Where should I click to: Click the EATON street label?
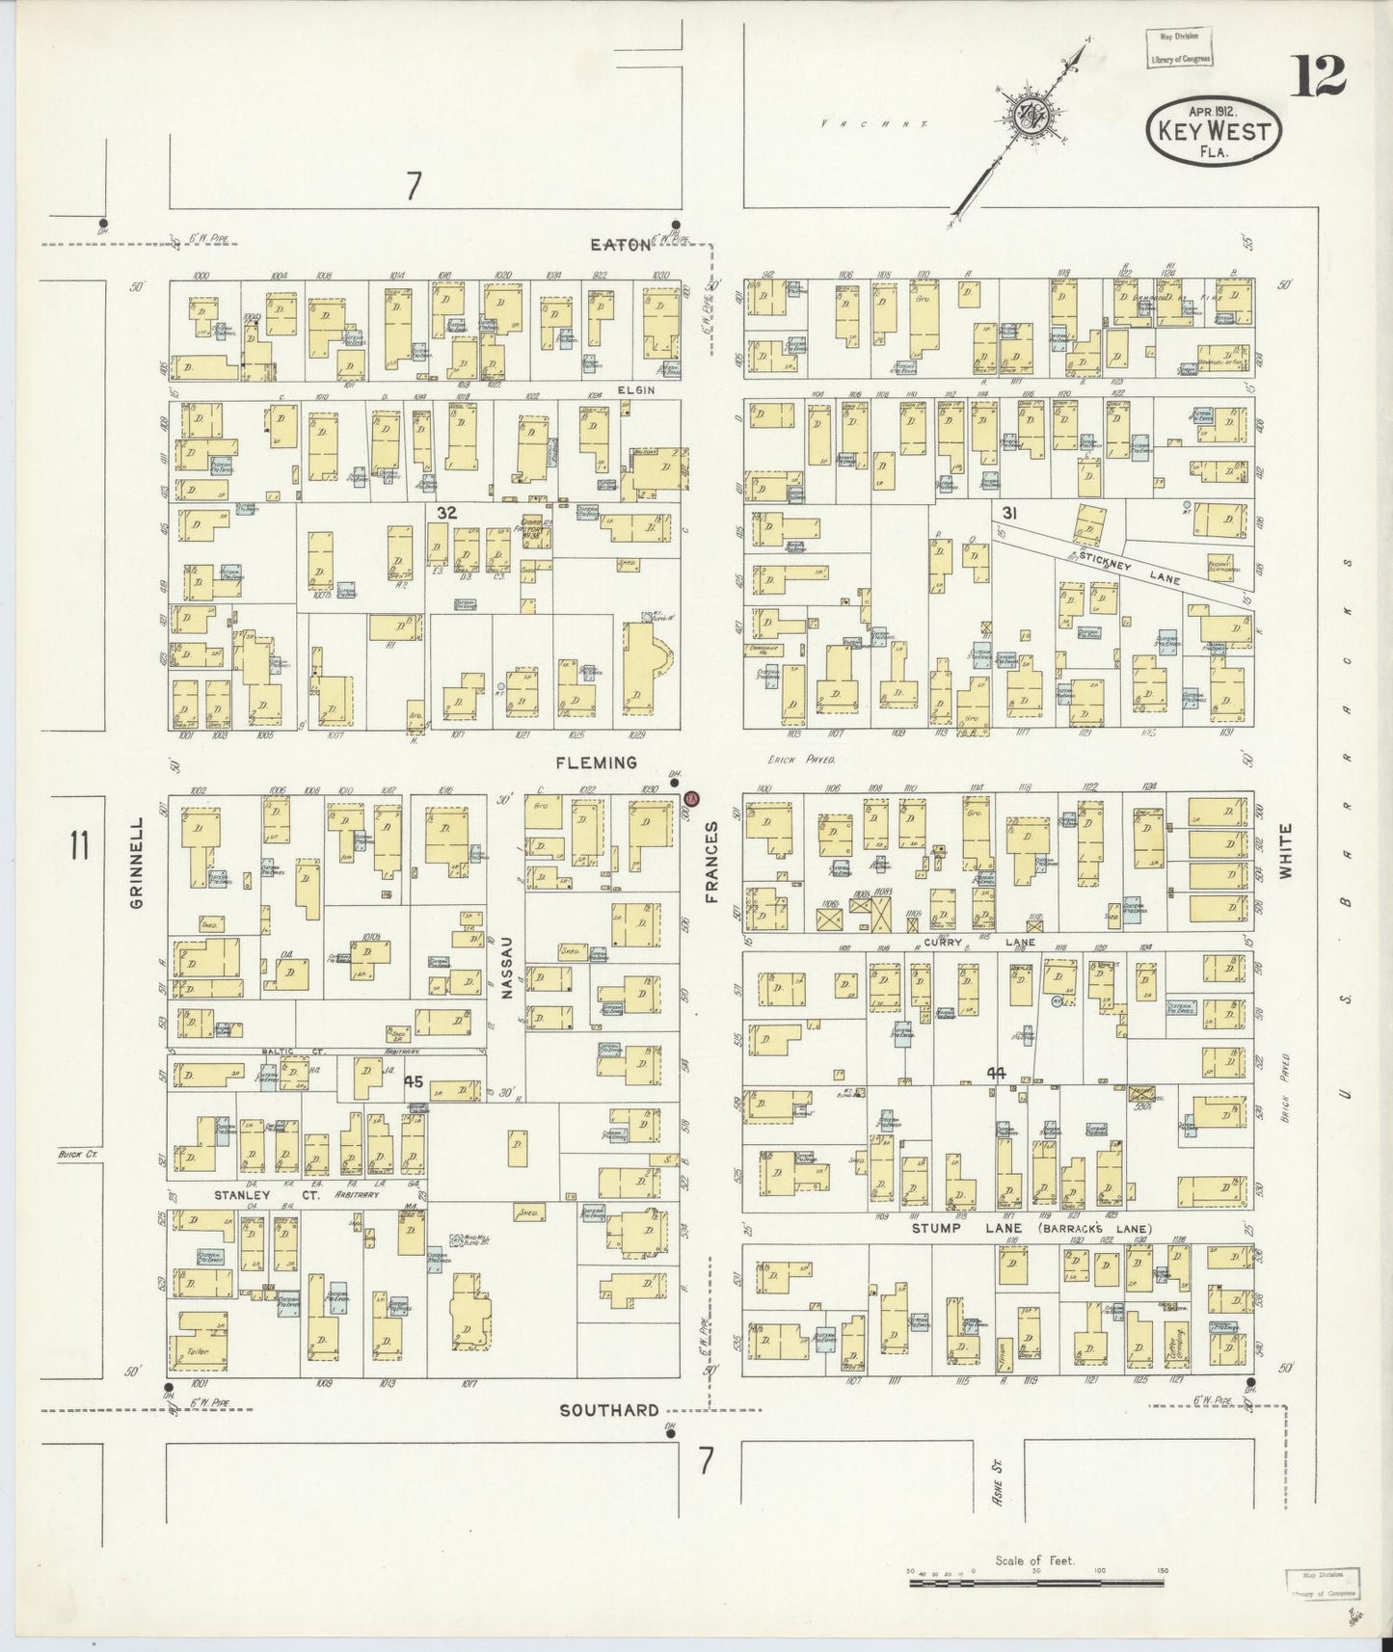tap(621, 245)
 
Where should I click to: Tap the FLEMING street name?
tap(597, 762)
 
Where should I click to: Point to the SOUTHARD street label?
tap(609, 1410)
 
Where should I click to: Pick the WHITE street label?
tap(1285, 850)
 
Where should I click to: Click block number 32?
tap(445, 513)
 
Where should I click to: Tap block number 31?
tap(1009, 511)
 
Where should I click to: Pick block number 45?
tap(414, 1081)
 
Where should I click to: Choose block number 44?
tap(997, 1072)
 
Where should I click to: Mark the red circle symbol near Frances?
tap(690, 799)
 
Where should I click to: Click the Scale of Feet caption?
tap(1035, 1560)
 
